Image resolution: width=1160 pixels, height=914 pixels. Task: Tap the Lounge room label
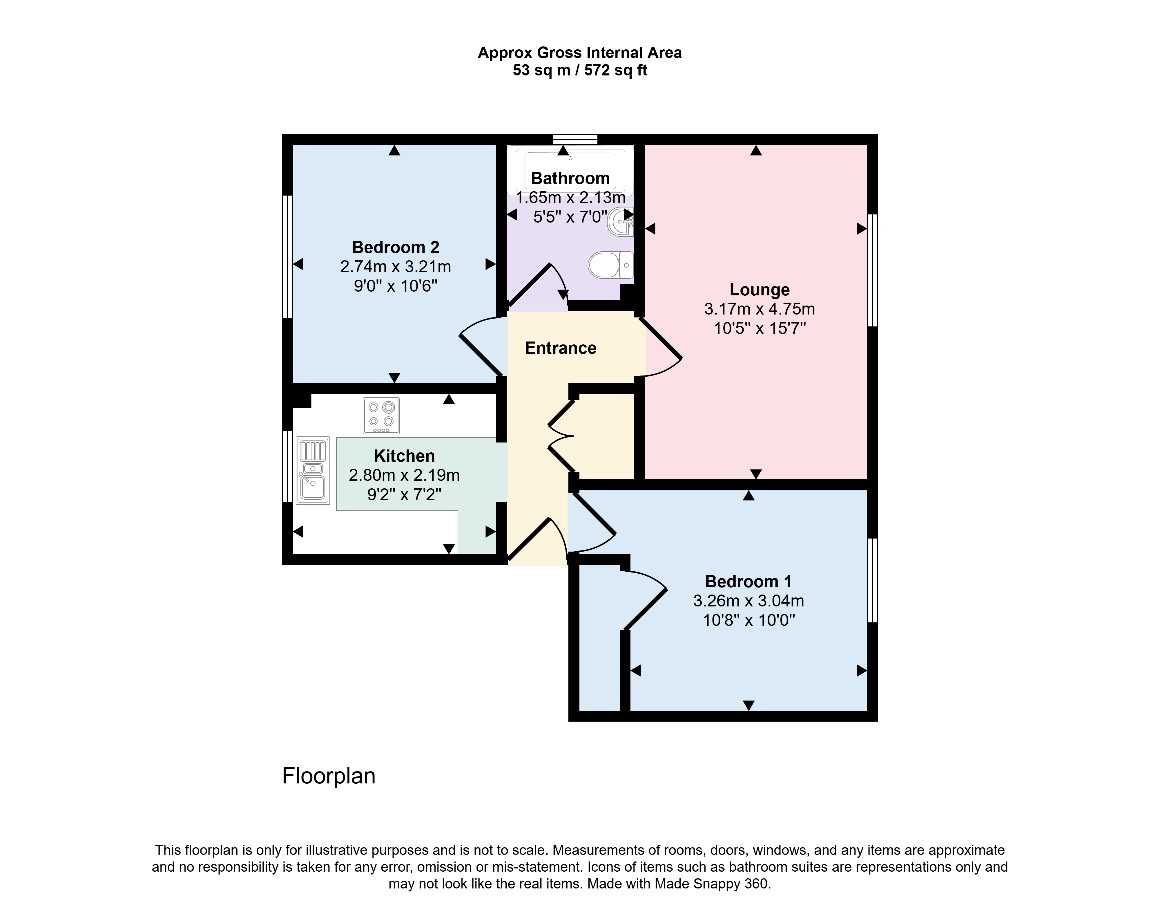tap(760, 290)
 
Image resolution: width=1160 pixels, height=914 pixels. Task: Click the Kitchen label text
tap(404, 456)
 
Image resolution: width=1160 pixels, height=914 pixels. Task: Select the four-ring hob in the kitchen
tap(381, 415)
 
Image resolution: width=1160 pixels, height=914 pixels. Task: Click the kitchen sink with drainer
tap(313, 471)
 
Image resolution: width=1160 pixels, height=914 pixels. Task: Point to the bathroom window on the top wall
tap(575, 139)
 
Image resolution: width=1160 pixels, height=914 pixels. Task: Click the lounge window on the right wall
tap(872, 270)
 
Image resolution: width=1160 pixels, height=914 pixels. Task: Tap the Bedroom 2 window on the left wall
tap(287, 257)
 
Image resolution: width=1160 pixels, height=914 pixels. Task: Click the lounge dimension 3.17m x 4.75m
tap(760, 309)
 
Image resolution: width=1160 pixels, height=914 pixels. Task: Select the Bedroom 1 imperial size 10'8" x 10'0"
tap(749, 620)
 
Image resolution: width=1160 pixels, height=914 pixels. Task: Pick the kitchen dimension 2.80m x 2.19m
tap(404, 475)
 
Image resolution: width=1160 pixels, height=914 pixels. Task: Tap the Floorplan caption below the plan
tap(329, 776)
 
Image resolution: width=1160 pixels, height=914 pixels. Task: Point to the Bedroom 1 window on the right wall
tap(872, 581)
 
